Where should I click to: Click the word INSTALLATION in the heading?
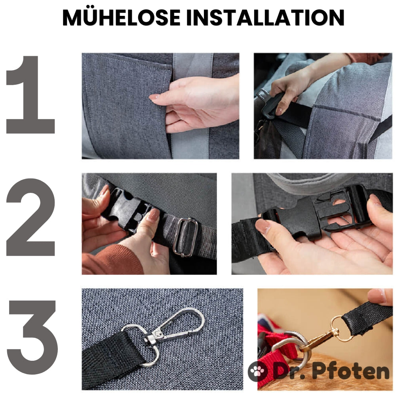click(265, 18)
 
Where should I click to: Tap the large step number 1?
click(30, 95)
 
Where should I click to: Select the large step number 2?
click(30, 217)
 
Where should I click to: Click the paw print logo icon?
click(257, 371)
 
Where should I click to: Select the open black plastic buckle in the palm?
click(316, 214)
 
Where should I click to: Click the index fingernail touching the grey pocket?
click(154, 97)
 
